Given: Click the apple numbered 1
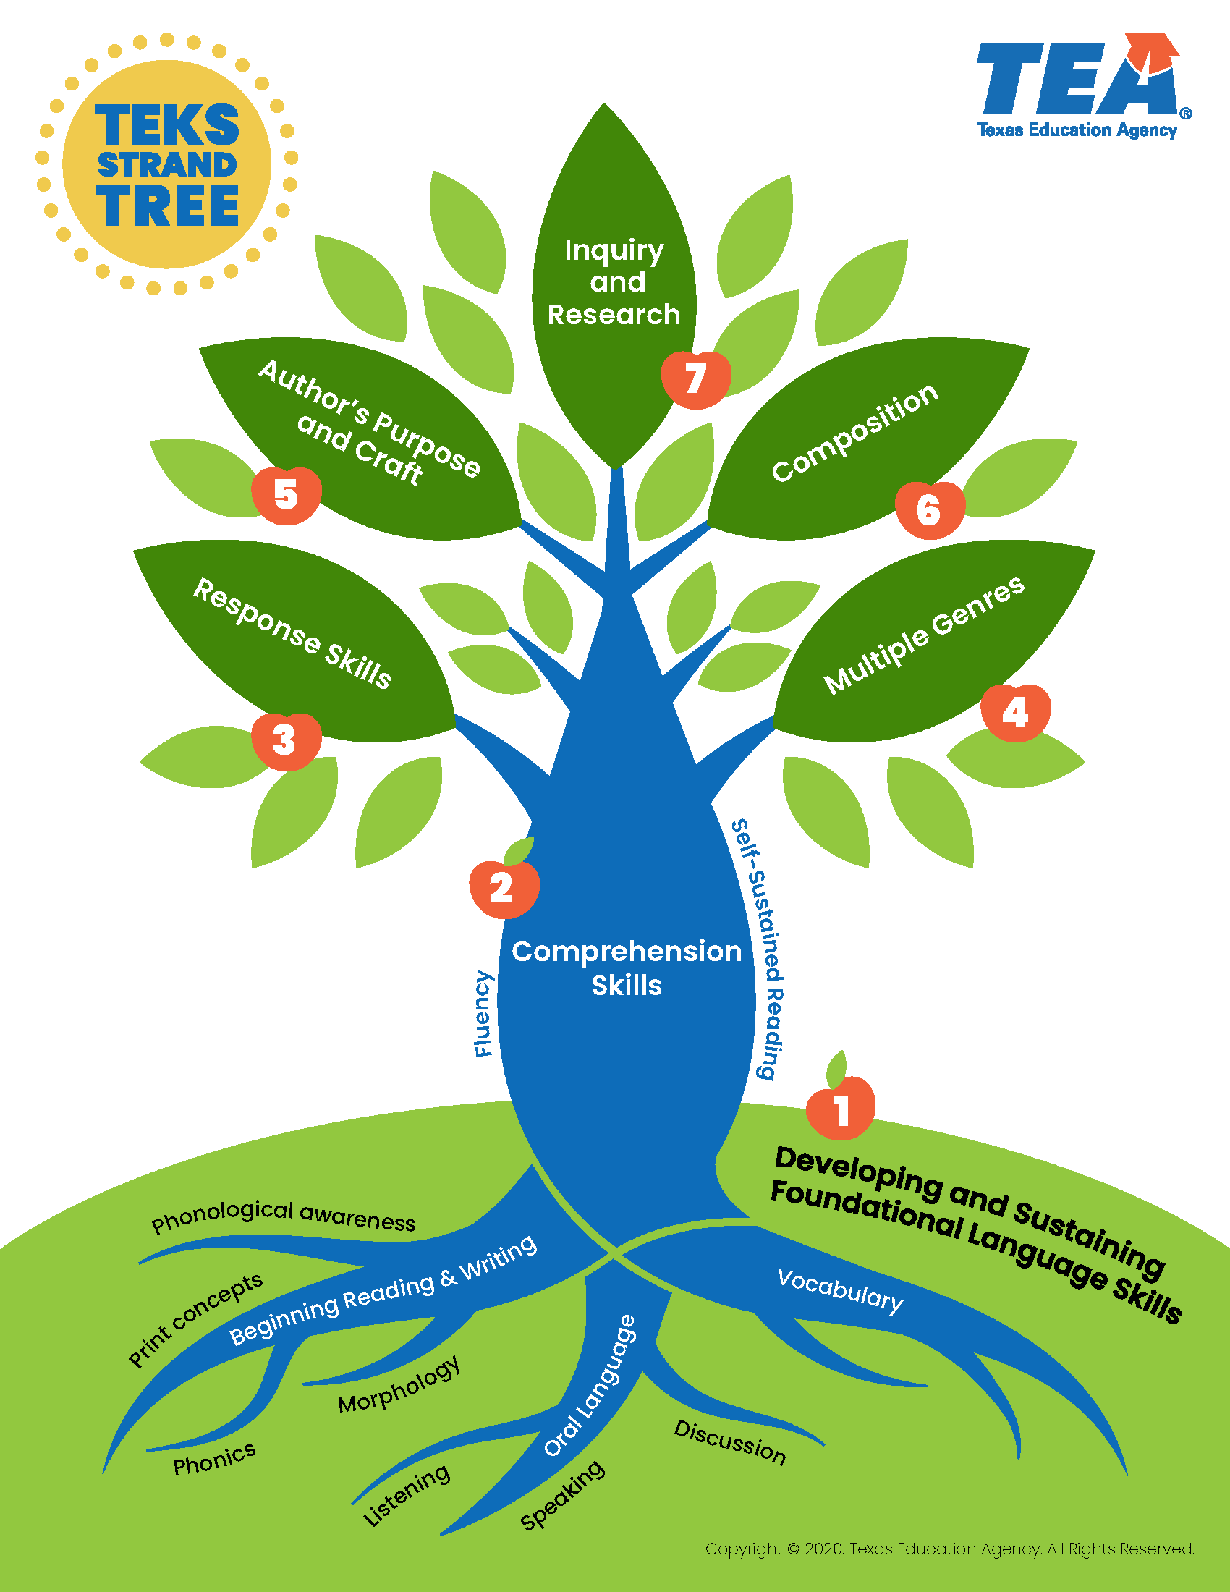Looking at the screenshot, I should point(841,1111).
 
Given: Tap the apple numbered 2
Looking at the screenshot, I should point(504,889).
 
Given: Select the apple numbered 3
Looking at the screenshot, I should point(286,740).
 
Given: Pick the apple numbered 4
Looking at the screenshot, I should point(1016,712).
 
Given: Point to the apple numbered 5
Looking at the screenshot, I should point(287,495).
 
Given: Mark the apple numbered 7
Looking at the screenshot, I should point(696,379).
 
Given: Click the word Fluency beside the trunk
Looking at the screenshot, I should point(483,1013).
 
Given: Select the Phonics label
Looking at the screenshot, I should point(214,1459).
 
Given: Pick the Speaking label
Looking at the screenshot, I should point(561,1494).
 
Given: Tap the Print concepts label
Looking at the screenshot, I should point(195,1320).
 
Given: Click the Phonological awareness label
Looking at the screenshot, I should point(284,1216).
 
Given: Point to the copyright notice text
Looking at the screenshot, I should point(949,1549).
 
